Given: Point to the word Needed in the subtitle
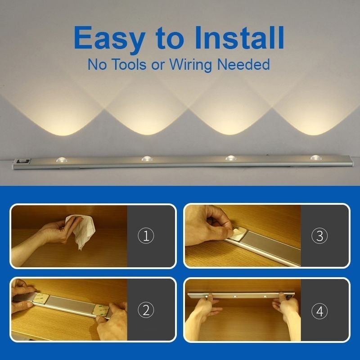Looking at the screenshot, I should [x=243, y=64].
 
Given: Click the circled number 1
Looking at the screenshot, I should [x=146, y=236].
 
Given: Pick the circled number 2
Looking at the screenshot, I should [x=146, y=310].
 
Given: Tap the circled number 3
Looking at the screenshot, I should [x=319, y=236].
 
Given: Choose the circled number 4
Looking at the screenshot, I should [x=319, y=310].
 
